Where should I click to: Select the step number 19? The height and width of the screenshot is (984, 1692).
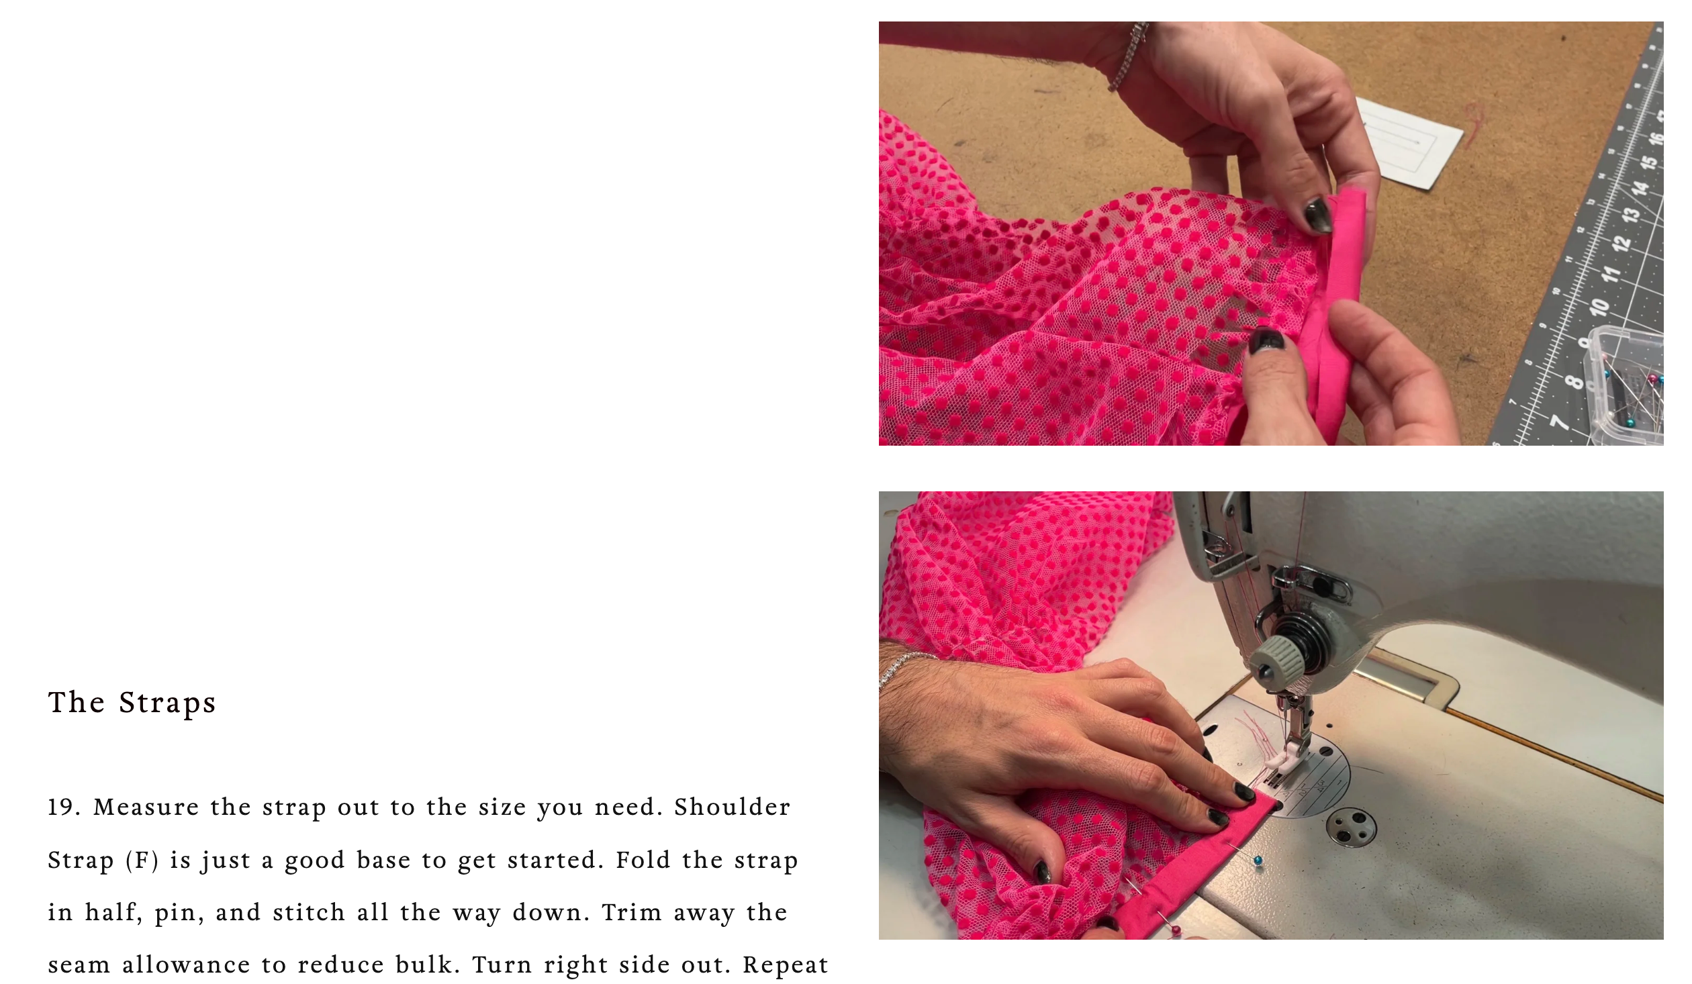tap(63, 807)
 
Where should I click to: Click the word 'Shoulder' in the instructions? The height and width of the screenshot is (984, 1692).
tap(732, 807)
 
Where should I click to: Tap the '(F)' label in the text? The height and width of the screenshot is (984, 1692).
tap(142, 860)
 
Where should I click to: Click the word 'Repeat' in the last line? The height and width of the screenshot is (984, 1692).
tap(786, 965)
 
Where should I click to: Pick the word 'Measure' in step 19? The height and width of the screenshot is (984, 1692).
tap(146, 807)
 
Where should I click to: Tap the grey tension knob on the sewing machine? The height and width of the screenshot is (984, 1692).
tap(1278, 658)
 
